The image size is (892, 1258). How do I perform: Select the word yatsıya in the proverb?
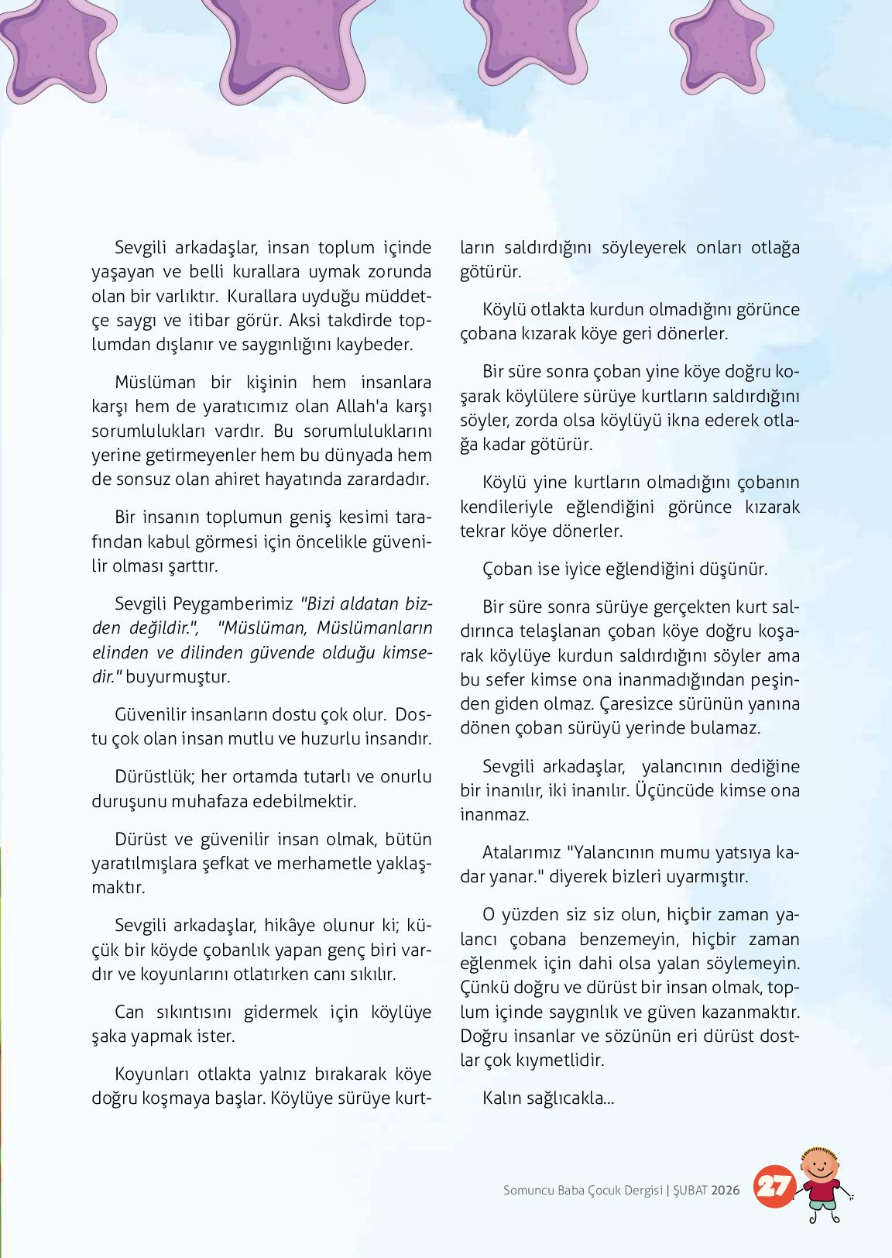741,852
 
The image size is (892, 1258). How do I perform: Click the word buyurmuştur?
177,676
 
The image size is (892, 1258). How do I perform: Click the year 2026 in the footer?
726,1190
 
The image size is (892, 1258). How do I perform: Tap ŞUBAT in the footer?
689,1190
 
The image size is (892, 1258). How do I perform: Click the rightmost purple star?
711,48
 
